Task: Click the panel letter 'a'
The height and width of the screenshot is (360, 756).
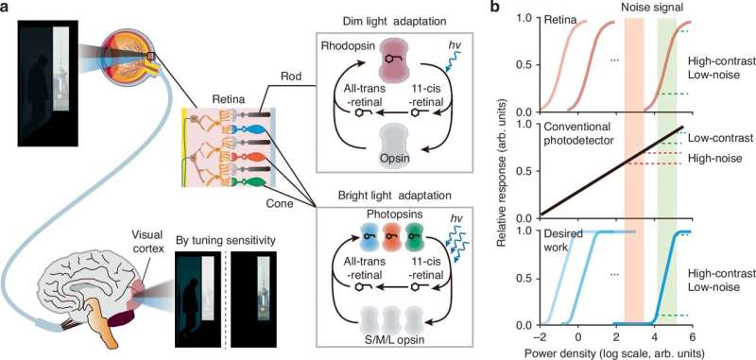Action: (7, 9)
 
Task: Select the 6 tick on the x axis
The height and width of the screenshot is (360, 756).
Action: (693, 337)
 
